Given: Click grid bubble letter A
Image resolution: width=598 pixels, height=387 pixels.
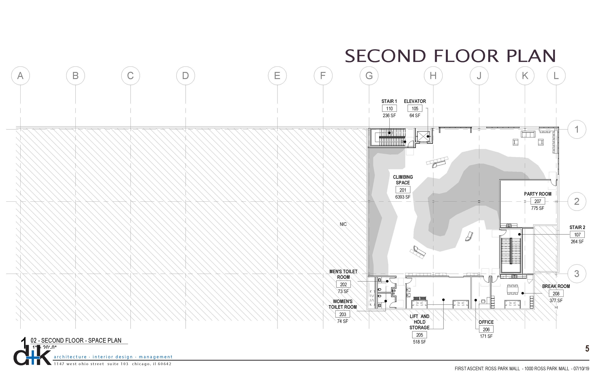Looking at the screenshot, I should [20, 76].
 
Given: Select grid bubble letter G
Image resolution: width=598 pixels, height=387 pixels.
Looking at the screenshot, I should [369, 76].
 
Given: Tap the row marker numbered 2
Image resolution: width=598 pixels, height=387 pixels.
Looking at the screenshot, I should [577, 202].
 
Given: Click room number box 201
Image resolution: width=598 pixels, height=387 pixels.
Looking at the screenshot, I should [403, 190].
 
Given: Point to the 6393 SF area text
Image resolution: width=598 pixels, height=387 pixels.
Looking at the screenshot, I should [403, 197].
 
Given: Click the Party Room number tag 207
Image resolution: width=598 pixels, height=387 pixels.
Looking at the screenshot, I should [537, 201].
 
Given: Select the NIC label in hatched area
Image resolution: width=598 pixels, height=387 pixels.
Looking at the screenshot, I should [343, 224].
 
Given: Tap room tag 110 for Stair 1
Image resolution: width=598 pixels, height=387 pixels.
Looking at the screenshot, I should [389, 109].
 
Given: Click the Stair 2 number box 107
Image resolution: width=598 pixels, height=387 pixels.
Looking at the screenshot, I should [577, 235].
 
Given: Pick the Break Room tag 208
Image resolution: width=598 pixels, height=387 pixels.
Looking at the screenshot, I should [556, 293].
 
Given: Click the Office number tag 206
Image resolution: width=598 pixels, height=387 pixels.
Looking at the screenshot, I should [486, 329].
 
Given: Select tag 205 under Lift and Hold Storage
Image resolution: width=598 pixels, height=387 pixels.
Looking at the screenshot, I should [419, 335].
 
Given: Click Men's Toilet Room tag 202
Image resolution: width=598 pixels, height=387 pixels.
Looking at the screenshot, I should [343, 284].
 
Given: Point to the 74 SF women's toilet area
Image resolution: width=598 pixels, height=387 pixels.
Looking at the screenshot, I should [343, 321].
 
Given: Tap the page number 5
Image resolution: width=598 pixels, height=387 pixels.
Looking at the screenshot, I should [587, 348].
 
